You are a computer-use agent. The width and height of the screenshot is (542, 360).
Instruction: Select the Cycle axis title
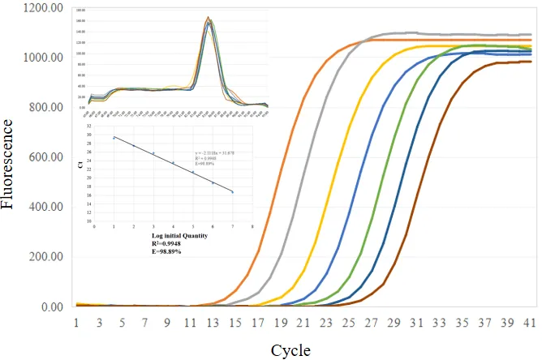pos(290,349)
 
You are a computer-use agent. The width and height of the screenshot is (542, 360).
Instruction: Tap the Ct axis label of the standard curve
pos(80,165)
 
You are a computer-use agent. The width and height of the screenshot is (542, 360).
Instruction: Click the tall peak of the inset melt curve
pos(208,19)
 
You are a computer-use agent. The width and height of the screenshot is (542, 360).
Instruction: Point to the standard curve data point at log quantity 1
pos(114,138)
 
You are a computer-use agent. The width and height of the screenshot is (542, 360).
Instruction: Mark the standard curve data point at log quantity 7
pos(232,192)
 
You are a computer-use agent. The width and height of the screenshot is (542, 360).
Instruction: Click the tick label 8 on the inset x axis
pos(252,226)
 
